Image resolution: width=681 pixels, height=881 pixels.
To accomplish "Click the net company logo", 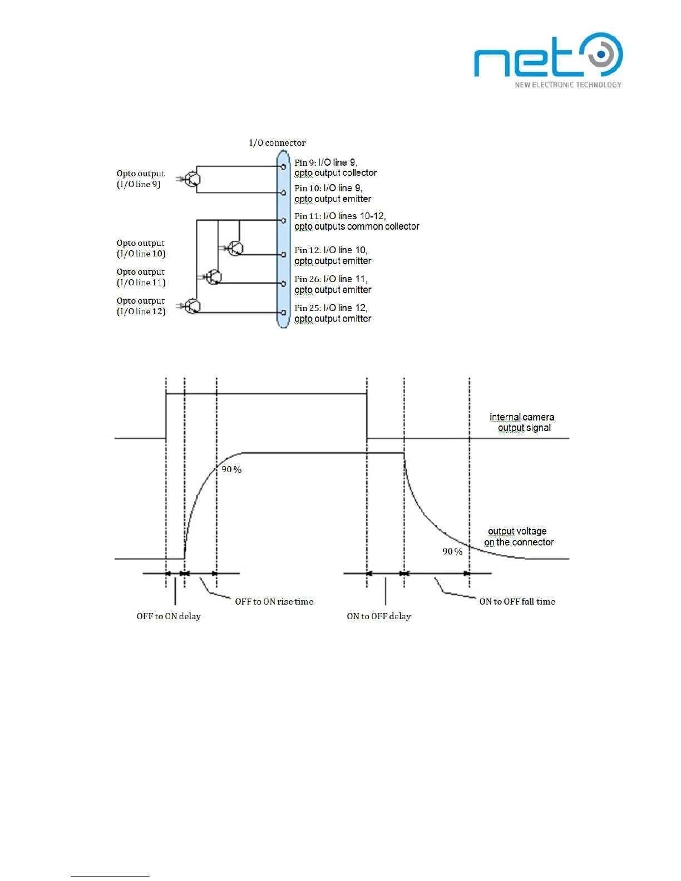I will click(548, 60).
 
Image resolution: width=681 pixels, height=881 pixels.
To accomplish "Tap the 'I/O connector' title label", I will click(277, 143).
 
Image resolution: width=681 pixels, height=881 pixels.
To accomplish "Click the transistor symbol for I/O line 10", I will click(235, 248).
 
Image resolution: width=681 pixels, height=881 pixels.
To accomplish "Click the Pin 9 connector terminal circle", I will click(284, 166).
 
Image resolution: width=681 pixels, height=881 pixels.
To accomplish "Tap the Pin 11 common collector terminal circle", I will click(284, 220).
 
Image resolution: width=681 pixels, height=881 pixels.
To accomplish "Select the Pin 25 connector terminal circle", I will click(284, 313).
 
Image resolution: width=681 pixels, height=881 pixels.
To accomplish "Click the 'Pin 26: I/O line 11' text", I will click(331, 279).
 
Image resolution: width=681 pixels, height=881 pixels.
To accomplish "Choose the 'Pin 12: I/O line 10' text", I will click(331, 250).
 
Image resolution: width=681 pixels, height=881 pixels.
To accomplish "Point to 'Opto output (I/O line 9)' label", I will click(140, 179).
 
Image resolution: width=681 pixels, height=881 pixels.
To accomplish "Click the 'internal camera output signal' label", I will click(522, 422).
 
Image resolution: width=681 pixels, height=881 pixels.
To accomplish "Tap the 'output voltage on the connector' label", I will click(519, 537).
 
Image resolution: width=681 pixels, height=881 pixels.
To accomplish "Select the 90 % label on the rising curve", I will click(231, 469).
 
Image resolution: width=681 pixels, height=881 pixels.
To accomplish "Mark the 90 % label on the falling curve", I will click(452, 552).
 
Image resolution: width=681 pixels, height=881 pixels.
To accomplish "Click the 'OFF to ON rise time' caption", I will click(274, 602).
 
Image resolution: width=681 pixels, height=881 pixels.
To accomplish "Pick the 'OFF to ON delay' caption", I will click(169, 616).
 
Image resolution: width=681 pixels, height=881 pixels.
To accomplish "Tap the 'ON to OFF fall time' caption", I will click(517, 602).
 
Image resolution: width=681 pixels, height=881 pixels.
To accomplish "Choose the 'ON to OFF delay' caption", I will click(378, 616).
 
